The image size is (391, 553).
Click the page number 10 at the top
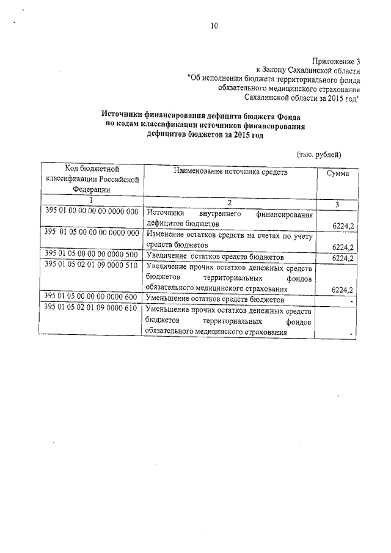point(213,26)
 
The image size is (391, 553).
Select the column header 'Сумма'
point(337,174)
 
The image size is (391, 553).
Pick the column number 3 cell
point(337,202)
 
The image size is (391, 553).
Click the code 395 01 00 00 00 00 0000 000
point(92,211)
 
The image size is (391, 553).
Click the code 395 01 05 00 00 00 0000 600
point(92,296)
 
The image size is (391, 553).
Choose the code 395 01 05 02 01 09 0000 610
point(92,307)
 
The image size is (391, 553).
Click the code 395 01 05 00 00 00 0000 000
point(92,233)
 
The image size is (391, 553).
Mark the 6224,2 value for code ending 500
point(343,258)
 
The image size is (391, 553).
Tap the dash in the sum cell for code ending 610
point(353,333)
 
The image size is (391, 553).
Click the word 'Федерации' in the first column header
point(92,189)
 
